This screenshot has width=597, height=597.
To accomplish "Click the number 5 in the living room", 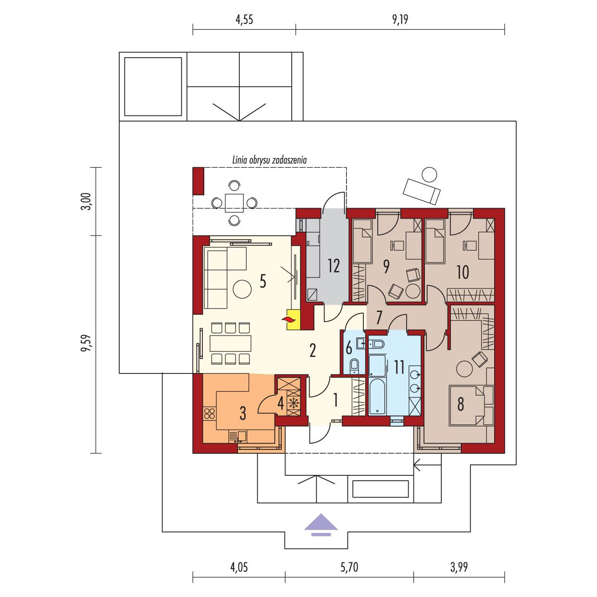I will (262, 281).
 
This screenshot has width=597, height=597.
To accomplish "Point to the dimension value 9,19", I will (399, 20).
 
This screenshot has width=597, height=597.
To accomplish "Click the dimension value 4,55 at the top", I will (244, 20).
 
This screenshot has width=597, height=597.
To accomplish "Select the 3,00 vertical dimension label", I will (86, 200).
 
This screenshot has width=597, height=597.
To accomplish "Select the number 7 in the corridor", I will (379, 317).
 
